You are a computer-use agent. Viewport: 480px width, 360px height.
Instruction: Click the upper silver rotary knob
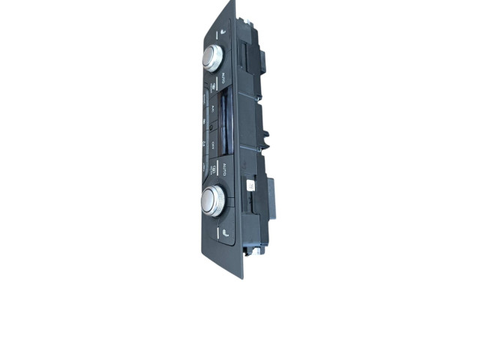click(x=212, y=57)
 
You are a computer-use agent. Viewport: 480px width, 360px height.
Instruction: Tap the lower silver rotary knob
click(x=213, y=199)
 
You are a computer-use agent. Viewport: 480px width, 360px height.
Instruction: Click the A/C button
click(x=213, y=109)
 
